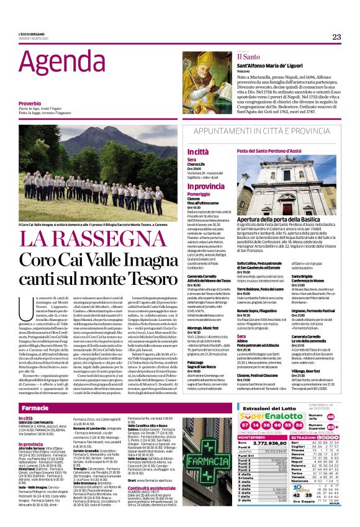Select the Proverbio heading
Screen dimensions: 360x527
tap(30, 102)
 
